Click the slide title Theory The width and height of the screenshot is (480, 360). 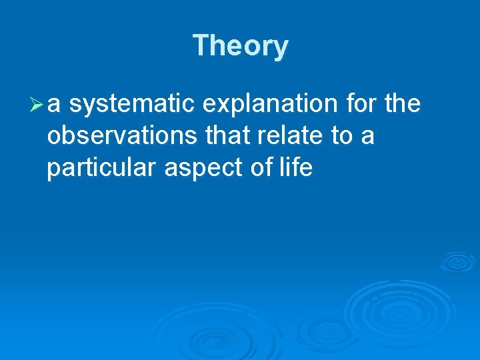240,47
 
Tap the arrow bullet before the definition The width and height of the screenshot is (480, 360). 37,104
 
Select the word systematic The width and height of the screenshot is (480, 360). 131,104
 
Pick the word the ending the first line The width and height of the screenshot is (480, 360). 403,104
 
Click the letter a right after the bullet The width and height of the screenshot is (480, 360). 56,105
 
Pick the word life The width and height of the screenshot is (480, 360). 297,168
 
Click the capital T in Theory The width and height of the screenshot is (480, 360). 201,45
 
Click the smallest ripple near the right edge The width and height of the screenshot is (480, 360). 457,261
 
